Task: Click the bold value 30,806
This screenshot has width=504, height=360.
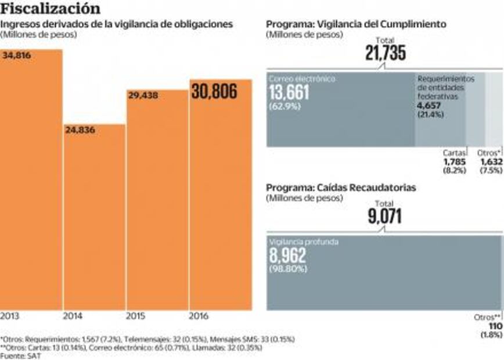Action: (214, 91)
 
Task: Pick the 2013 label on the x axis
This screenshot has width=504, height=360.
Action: (10, 316)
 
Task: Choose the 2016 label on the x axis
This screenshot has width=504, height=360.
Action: (199, 316)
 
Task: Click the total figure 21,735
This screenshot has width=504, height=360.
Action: (386, 54)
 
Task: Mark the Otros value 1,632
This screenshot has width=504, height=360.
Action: (491, 161)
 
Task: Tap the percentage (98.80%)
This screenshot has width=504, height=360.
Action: (288, 269)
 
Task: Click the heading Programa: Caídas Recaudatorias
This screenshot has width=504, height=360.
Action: (341, 188)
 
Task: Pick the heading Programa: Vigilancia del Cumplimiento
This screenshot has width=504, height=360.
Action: (356, 24)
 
